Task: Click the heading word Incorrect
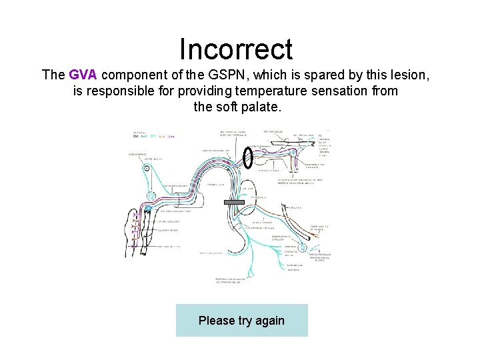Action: pyautogui.click(x=236, y=49)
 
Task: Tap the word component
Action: pyautogui.click(x=133, y=75)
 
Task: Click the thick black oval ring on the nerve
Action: pyautogui.click(x=247, y=158)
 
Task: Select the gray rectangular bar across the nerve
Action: pyautogui.click(x=235, y=202)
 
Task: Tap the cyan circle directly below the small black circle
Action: pyautogui.click(x=151, y=197)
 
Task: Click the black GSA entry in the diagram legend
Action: pyautogui.click(x=136, y=136)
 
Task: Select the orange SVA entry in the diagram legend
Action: pyautogui.click(x=162, y=136)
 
